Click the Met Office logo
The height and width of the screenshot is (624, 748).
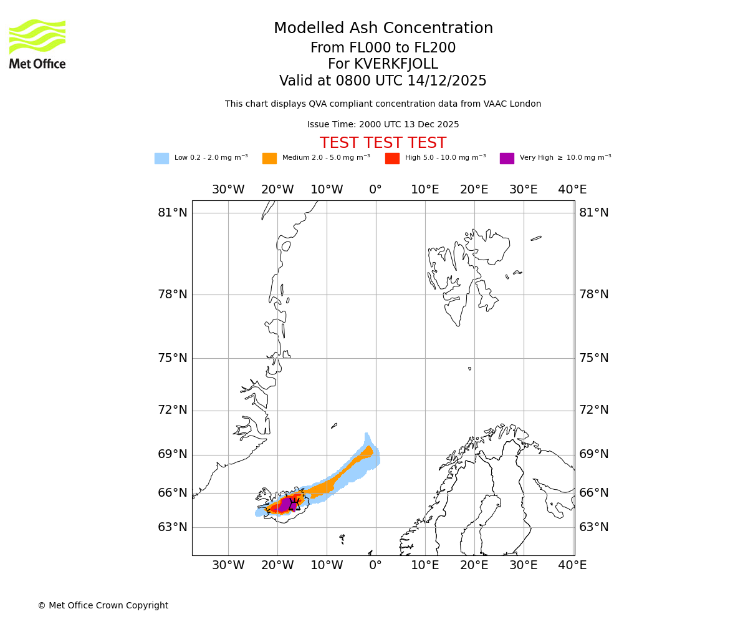click(37, 44)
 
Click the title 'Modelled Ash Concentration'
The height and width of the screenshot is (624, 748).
click(383, 29)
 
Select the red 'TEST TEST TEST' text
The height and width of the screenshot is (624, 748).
click(383, 144)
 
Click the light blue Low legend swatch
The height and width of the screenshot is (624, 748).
click(161, 158)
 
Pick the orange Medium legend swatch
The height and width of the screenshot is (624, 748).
click(269, 158)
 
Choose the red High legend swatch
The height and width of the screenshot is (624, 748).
click(392, 158)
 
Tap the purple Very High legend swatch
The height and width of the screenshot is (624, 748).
click(507, 158)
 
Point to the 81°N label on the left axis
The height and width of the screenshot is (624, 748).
click(172, 213)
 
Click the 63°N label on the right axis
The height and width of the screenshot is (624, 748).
click(593, 527)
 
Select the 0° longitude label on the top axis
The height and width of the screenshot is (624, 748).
click(375, 190)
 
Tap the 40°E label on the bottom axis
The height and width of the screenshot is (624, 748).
click(572, 565)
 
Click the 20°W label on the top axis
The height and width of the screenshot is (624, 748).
click(277, 190)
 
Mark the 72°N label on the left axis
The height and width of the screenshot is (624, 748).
click(172, 410)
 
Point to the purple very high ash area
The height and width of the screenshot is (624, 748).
click(285, 504)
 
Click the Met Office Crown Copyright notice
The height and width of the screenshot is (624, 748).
click(103, 606)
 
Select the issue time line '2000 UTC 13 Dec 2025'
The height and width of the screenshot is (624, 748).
click(383, 125)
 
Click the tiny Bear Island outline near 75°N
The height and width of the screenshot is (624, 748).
click(469, 369)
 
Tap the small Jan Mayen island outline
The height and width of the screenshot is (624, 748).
click(334, 426)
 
